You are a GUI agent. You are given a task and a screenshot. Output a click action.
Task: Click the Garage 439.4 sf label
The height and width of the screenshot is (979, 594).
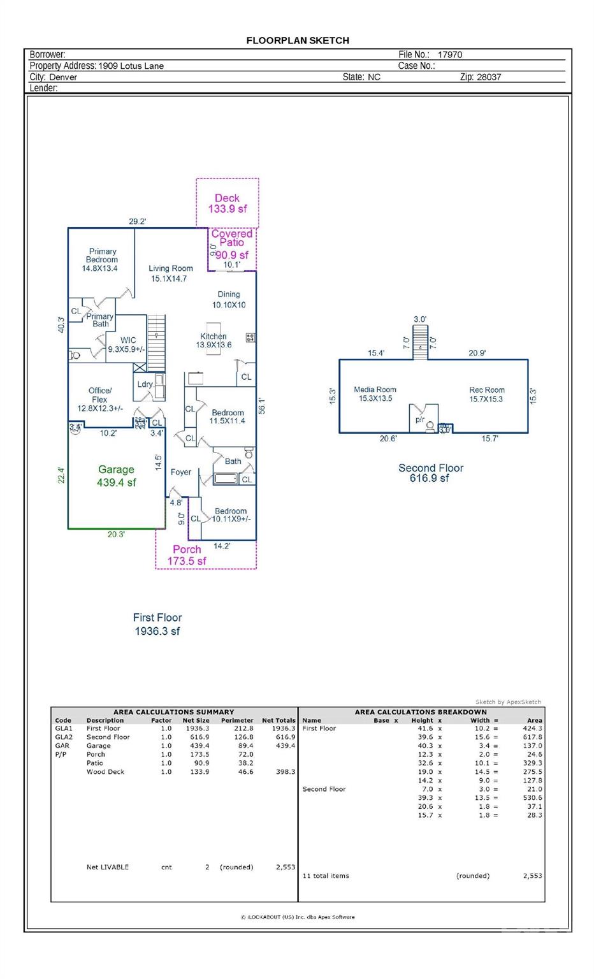coord(116,476)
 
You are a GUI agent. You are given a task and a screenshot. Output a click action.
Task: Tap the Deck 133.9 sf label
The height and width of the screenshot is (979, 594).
coord(227,203)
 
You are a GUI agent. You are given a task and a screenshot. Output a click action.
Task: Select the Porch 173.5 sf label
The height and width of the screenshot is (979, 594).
coord(187,555)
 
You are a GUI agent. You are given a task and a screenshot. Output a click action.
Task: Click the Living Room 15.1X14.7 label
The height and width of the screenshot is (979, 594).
coord(170,273)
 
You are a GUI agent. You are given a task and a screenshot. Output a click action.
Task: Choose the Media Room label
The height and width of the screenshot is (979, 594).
coord(375,394)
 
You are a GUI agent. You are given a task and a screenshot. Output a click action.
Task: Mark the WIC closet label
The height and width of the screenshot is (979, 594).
coord(127,345)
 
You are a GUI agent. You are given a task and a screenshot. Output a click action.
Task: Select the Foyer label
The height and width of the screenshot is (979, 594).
coord(181,472)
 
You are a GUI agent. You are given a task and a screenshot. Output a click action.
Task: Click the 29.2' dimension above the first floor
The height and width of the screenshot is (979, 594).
coord(137,222)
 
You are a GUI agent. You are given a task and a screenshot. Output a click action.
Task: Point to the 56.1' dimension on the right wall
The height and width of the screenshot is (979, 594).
coord(261,405)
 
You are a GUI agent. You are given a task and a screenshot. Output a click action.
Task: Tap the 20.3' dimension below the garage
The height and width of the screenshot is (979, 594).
coord(116,535)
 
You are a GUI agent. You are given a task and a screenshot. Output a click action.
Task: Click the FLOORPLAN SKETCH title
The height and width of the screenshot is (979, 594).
coord(298,40)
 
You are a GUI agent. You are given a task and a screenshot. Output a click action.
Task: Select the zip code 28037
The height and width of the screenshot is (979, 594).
coord(489,77)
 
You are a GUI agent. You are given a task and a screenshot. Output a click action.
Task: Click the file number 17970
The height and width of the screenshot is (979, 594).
coord(449,55)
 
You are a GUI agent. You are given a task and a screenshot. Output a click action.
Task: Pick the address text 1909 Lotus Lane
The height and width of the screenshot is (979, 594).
coord(131,66)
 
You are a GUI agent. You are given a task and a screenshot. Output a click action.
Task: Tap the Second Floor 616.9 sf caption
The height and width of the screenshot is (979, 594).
coord(431,473)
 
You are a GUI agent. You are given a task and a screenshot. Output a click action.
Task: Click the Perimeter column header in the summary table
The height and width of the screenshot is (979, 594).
coord(236,720)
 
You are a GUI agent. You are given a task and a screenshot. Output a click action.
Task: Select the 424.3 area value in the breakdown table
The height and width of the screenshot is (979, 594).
coord(532,729)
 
